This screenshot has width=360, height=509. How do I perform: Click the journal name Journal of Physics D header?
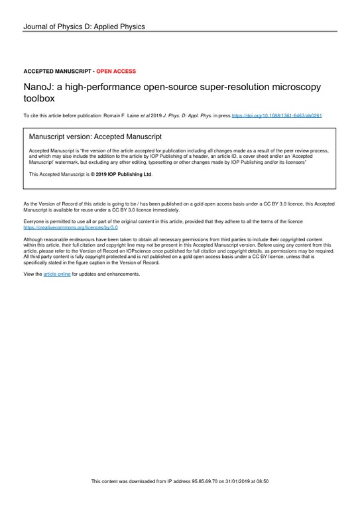(84, 27)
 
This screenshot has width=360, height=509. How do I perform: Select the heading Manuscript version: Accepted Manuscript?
(95, 137)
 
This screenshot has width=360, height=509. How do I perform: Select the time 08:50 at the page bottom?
(269, 481)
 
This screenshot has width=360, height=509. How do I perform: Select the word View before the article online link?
(29, 274)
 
